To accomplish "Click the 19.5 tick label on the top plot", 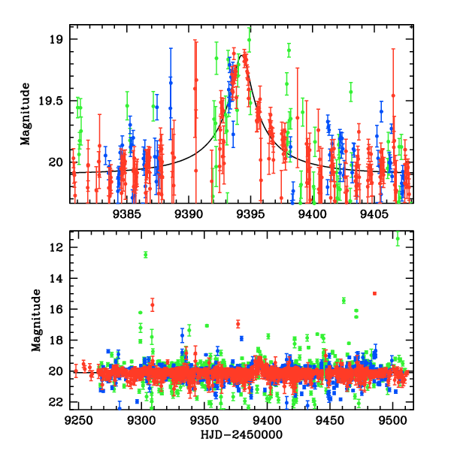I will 53,101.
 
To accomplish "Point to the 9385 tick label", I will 126,213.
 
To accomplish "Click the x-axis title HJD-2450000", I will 241,434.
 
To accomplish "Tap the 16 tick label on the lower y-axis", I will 56,309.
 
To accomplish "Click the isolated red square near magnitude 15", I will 374,293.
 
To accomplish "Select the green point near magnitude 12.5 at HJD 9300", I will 145,255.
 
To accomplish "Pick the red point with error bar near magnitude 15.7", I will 153,304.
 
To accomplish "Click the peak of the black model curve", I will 242,54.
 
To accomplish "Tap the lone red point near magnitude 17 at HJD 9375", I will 238,324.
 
